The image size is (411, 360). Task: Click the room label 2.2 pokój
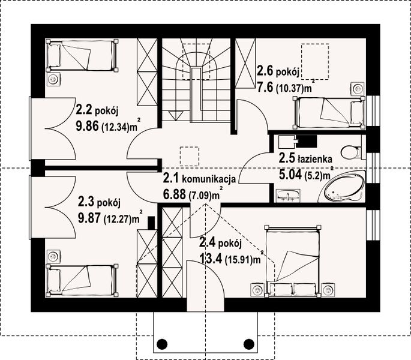pyautogui.click(x=98, y=110)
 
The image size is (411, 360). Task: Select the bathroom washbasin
pyautogui.click(x=290, y=195)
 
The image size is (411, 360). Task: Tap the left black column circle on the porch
pyautogui.click(x=161, y=344)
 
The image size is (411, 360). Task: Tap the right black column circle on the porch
pyautogui.click(x=248, y=344)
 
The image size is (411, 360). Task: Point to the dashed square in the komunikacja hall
pyautogui.click(x=190, y=156)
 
